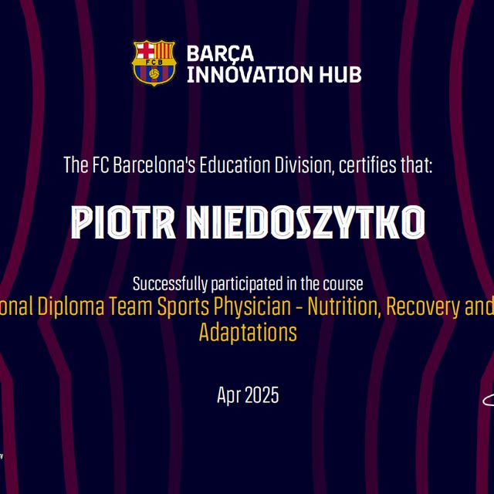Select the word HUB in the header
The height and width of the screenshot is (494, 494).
(x=340, y=74)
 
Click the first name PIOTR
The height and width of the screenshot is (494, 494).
(x=123, y=222)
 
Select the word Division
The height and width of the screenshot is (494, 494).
(x=299, y=164)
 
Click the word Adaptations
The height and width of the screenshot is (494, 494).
(x=247, y=333)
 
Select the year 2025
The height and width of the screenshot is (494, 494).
(x=262, y=396)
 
